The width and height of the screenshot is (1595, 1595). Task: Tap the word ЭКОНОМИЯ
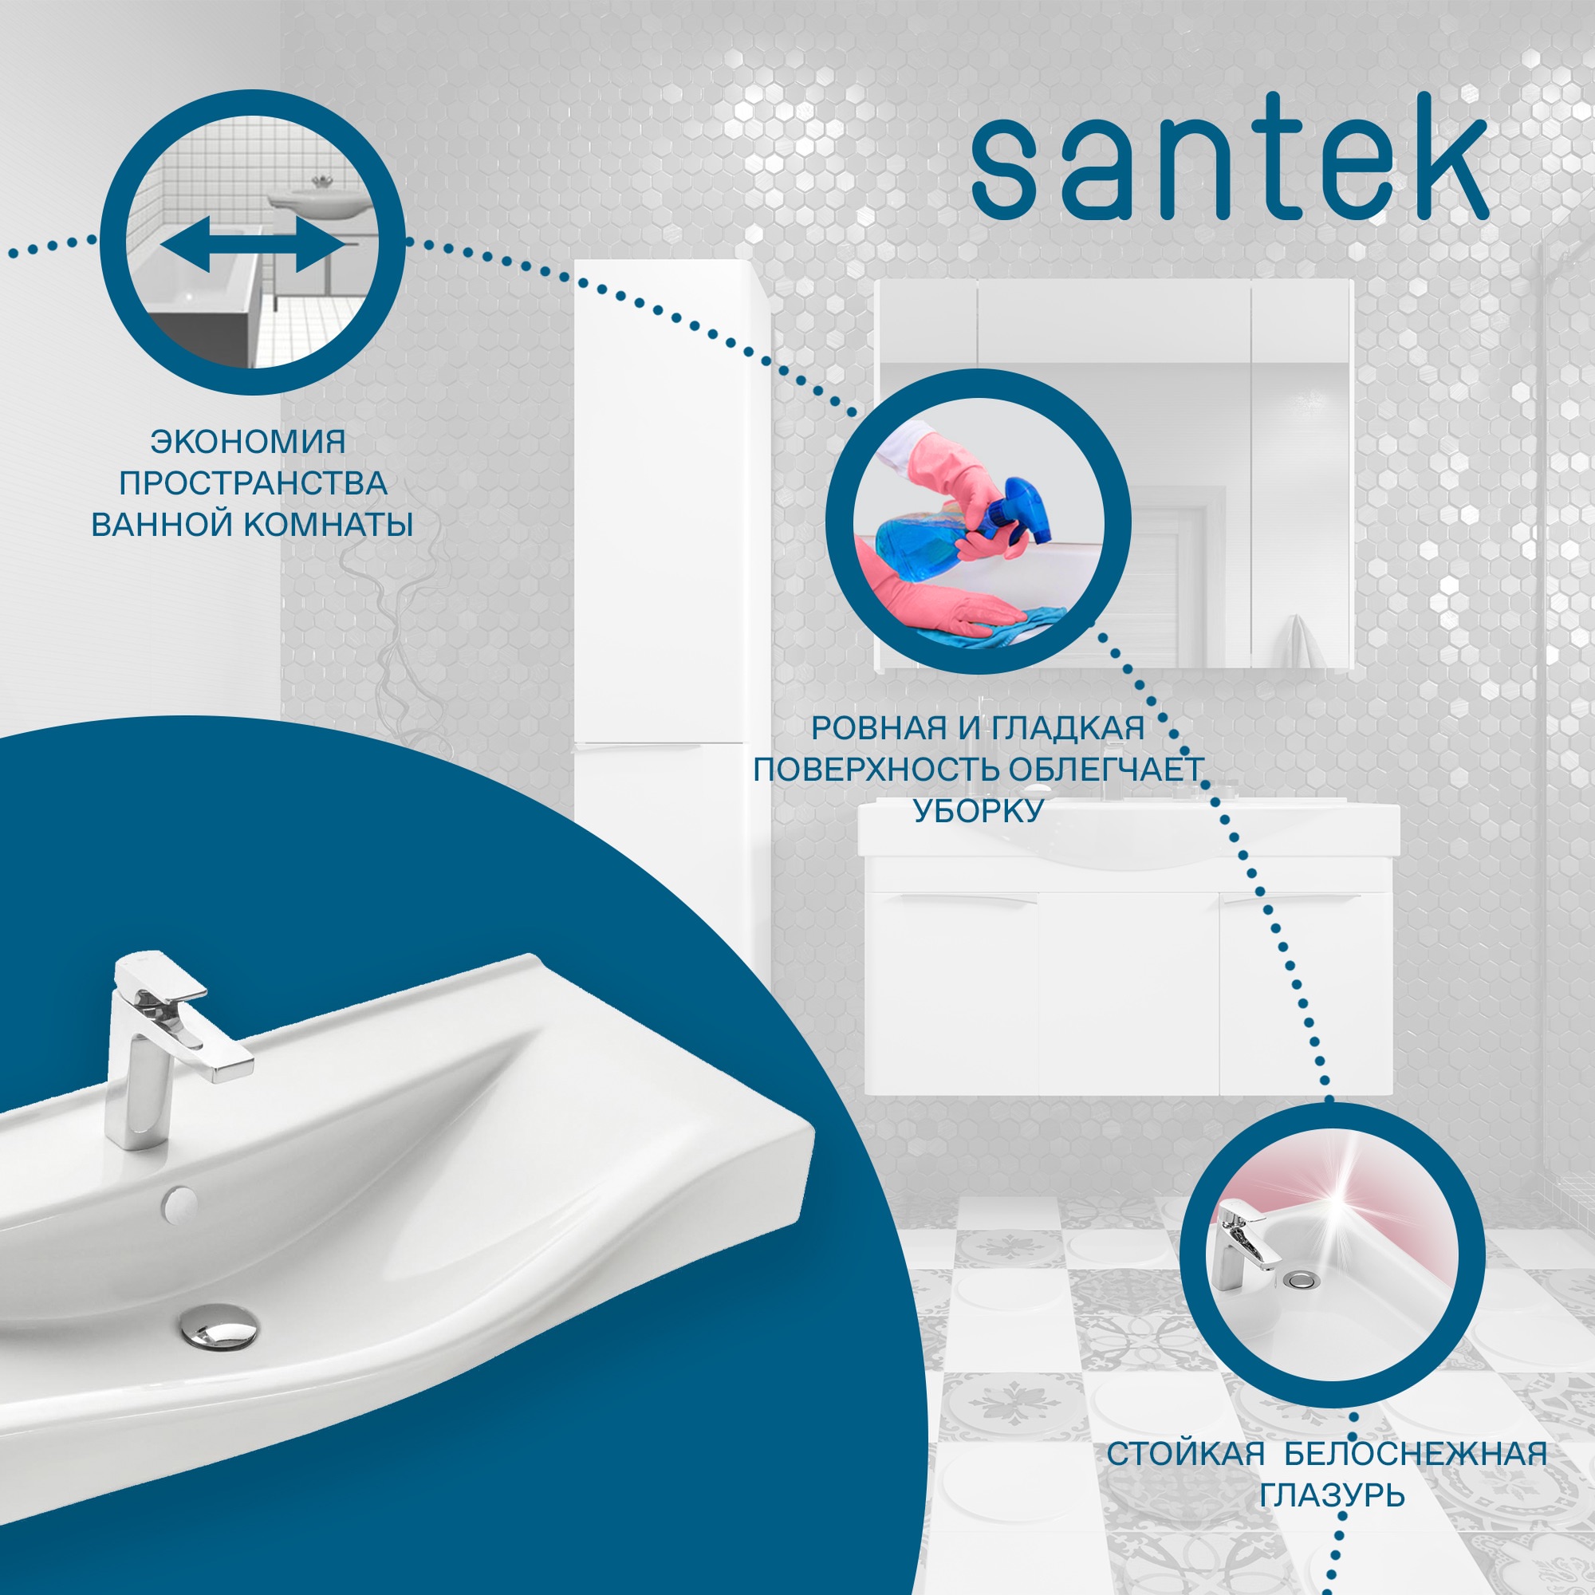pos(248,442)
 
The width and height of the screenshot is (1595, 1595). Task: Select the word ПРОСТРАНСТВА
pos(253,483)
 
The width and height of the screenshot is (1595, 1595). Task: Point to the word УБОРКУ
pos(979,811)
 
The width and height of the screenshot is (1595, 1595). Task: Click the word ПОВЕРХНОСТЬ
pos(877,770)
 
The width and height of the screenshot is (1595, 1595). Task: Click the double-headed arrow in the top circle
pos(253,246)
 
